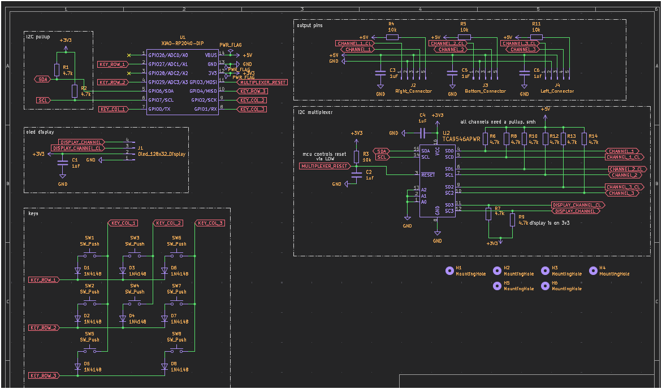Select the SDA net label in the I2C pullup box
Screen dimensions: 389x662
pos(43,80)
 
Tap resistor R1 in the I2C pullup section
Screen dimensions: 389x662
pos(57,69)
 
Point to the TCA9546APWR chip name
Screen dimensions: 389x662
pos(461,138)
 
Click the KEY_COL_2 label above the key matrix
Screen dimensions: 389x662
pos(168,223)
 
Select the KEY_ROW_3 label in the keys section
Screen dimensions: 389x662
pos(44,375)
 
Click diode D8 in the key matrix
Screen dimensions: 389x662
pos(165,366)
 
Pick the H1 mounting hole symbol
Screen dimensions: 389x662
pos(449,270)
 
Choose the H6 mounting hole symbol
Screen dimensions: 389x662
pos(545,286)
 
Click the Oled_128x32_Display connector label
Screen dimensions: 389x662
pos(162,154)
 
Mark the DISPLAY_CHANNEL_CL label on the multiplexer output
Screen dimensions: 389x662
pos(577,204)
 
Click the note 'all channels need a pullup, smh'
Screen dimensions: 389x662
pos(497,122)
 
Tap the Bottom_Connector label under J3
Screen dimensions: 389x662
pos(485,91)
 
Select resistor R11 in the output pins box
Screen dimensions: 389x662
pos(536,37)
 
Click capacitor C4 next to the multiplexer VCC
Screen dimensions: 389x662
pos(422,133)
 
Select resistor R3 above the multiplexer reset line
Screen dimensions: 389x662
pos(356,156)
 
